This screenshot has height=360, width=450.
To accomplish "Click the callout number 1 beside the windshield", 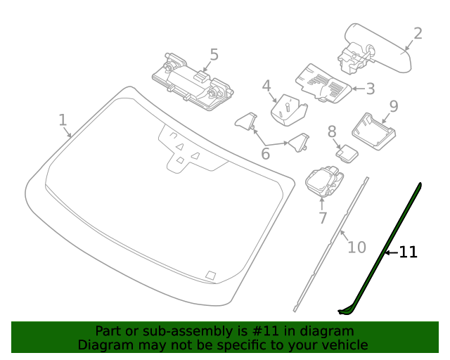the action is (63, 120).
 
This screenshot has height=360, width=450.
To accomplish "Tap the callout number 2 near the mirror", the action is (418, 34).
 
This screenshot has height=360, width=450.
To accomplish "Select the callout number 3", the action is (371, 89).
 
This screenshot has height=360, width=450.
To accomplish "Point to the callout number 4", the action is (266, 86).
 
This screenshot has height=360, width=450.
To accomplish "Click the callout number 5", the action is (214, 55).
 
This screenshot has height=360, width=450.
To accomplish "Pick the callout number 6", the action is (266, 154).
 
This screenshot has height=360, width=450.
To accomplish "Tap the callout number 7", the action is (323, 218).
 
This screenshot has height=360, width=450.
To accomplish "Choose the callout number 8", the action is (332, 131).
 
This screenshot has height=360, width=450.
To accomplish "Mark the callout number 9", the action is (394, 106).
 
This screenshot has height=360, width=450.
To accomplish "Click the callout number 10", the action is (356, 247).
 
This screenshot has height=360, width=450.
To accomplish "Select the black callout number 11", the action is (408, 252).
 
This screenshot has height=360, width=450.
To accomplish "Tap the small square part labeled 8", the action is (347, 153).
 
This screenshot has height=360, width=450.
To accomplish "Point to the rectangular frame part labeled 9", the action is (373, 131).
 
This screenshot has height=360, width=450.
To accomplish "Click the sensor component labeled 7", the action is (324, 181).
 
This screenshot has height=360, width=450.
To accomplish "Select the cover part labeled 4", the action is (289, 110).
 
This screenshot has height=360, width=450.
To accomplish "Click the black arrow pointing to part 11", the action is (392, 252).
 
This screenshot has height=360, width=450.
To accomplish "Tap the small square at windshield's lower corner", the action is (211, 275).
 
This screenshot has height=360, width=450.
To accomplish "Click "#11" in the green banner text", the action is (266, 331).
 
